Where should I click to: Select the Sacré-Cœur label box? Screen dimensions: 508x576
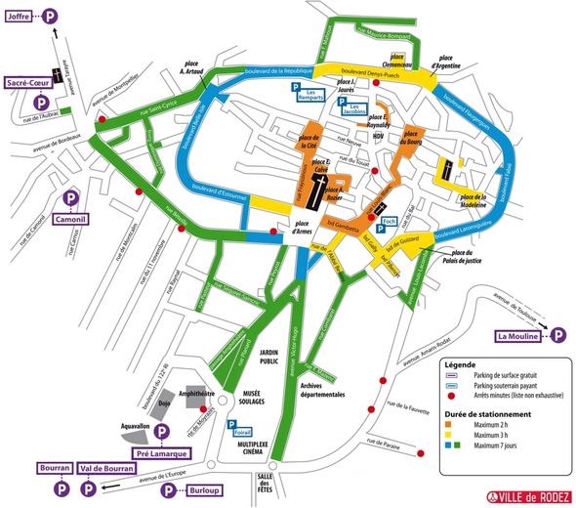28,85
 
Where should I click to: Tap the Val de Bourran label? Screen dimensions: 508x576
106,469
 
